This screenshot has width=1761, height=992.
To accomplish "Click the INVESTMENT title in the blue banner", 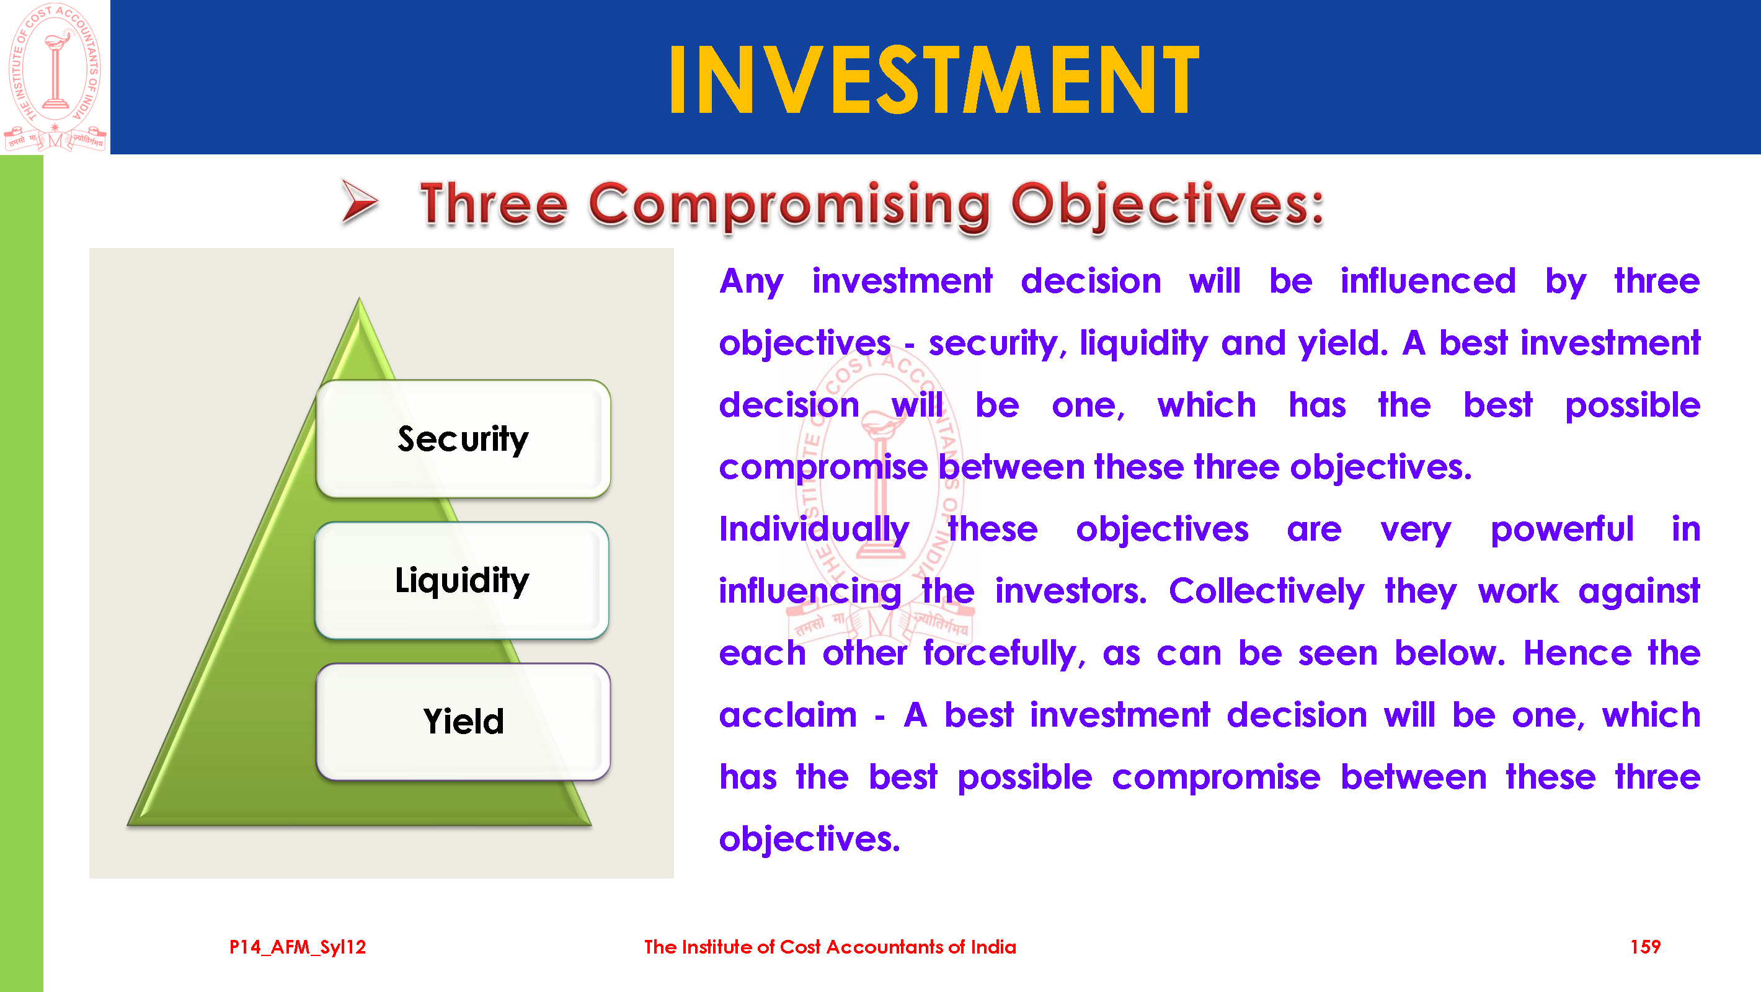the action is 934,79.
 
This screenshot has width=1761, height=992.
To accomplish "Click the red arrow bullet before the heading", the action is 360,201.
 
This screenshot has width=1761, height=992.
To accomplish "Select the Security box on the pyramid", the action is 463,439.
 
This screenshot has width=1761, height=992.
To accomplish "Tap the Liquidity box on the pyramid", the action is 462,580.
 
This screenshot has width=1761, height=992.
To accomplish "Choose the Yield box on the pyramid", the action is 463,722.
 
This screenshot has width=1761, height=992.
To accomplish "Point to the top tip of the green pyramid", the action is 360,298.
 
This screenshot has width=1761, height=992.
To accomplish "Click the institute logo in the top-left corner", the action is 55,77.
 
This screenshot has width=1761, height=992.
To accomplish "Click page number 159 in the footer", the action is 1645,947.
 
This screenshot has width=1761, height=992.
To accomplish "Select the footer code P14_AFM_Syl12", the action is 298,947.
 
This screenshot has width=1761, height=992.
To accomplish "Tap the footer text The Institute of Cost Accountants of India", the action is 830,947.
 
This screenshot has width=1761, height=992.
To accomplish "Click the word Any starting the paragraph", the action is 752,282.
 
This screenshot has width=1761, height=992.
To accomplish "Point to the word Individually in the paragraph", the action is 814,531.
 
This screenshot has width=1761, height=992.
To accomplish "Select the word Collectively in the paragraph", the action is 1267,592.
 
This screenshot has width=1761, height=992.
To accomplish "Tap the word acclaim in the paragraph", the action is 787,715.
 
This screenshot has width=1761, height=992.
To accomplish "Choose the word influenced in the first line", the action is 1428,281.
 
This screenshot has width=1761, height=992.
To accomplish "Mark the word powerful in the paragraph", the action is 1562,531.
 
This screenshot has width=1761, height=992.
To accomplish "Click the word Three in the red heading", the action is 494,204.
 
